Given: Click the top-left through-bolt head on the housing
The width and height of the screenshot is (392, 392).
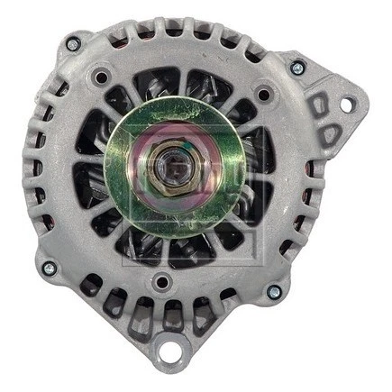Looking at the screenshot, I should coord(73,43).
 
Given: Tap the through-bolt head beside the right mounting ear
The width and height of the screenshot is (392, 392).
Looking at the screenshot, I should coord(297,68).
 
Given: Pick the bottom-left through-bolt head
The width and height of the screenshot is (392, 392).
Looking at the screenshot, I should coord(49,268).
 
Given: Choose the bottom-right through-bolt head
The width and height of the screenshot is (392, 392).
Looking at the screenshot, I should coord(273,292).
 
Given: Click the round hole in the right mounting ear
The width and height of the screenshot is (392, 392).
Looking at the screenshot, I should coord(347,105).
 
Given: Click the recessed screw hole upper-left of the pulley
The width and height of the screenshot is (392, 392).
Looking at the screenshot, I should coord(101,78).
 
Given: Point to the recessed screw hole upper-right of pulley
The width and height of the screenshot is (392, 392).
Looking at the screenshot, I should coord(263,93).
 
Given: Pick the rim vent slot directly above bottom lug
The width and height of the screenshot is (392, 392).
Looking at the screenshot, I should coord(170,315).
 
